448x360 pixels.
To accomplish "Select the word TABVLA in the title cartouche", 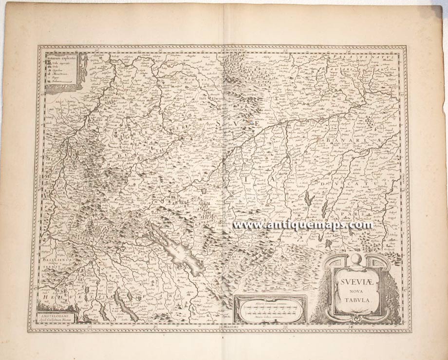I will [x=352, y=301].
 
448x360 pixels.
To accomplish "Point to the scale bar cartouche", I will [x=270, y=309].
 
